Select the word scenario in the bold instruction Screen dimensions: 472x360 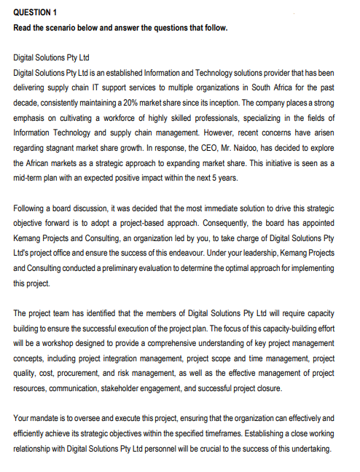click(x=66, y=28)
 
